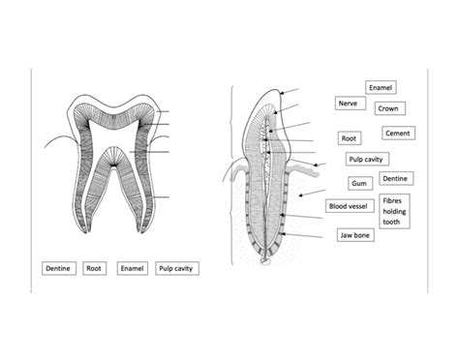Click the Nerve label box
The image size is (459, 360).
(x=348, y=104)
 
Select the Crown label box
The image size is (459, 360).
(x=388, y=109)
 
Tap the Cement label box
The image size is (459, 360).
(x=400, y=134)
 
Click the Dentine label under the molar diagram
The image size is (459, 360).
(x=59, y=268)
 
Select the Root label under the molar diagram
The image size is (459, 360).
(x=95, y=268)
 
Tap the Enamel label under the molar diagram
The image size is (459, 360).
(x=131, y=268)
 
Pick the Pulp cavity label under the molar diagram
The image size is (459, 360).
(x=176, y=268)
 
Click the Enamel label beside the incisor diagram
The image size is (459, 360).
(x=381, y=88)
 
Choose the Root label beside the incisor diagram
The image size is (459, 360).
(x=349, y=139)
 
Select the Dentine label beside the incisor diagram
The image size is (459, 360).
(x=395, y=179)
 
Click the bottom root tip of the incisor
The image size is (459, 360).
(x=266, y=260)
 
